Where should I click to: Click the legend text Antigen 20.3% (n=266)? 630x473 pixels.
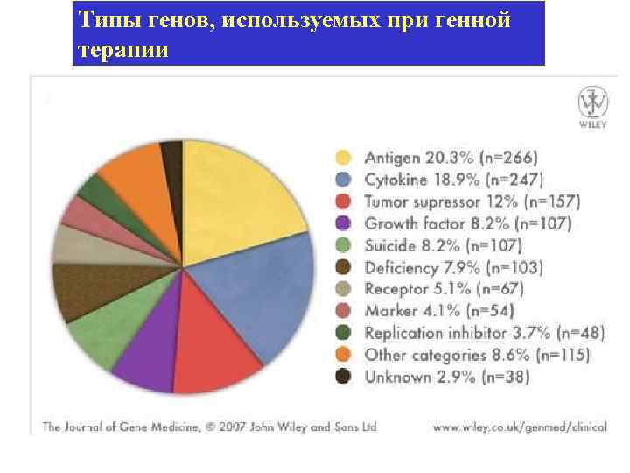click(451, 158)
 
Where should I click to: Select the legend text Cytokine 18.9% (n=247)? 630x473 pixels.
click(453, 180)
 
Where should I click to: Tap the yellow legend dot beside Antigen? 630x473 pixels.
click(344, 158)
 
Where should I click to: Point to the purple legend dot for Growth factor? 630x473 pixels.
click(344, 223)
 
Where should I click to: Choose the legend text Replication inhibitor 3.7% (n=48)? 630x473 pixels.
click(476, 333)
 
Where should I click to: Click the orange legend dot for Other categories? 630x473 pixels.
click(344, 355)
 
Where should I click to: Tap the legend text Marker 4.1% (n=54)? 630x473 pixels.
click(438, 311)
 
